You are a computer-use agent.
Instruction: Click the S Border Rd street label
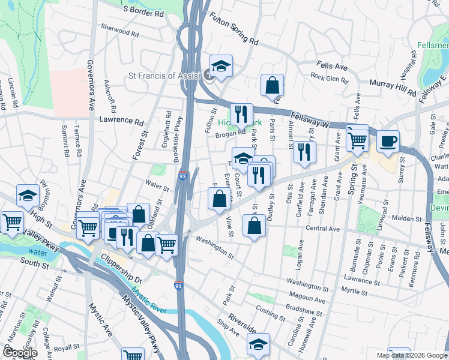click(x=143, y=10)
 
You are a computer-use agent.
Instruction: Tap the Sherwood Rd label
click(x=116, y=28)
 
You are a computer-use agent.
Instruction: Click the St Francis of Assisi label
click(x=165, y=76)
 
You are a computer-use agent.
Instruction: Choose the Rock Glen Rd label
click(x=330, y=77)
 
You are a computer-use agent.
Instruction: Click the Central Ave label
click(x=323, y=229)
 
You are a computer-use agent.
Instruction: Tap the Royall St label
click(x=66, y=347)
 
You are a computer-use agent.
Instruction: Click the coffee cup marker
click(x=388, y=140)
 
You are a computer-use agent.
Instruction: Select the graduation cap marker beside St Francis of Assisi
click(x=221, y=65)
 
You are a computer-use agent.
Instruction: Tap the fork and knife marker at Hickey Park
click(x=241, y=113)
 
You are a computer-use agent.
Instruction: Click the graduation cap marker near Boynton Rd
click(x=28, y=194)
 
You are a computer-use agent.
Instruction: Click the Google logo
click(x=19, y=353)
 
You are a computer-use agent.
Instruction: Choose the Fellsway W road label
click(x=312, y=119)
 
